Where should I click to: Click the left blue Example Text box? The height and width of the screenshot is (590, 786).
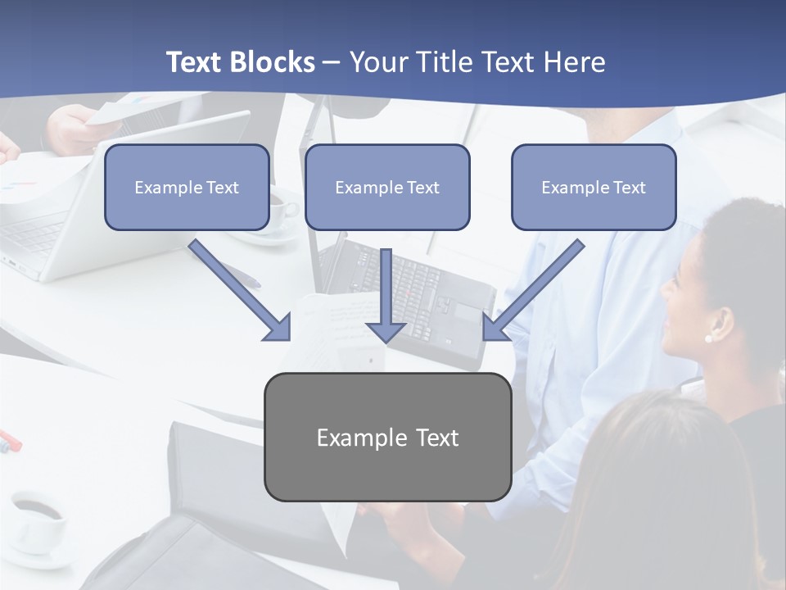tap(187, 188)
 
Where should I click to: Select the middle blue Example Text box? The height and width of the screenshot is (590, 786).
tap(387, 188)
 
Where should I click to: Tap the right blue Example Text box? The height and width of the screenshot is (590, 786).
tap(594, 188)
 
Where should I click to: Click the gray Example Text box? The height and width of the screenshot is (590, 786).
tap(387, 438)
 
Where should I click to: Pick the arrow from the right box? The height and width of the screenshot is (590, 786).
tap(533, 290)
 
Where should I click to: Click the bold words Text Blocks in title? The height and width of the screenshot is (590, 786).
tap(240, 62)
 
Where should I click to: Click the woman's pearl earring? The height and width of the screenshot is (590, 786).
tap(708, 338)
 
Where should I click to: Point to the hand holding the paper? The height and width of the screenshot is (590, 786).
tap(74, 127)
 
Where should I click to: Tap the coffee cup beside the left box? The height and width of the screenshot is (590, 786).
tap(281, 211)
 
